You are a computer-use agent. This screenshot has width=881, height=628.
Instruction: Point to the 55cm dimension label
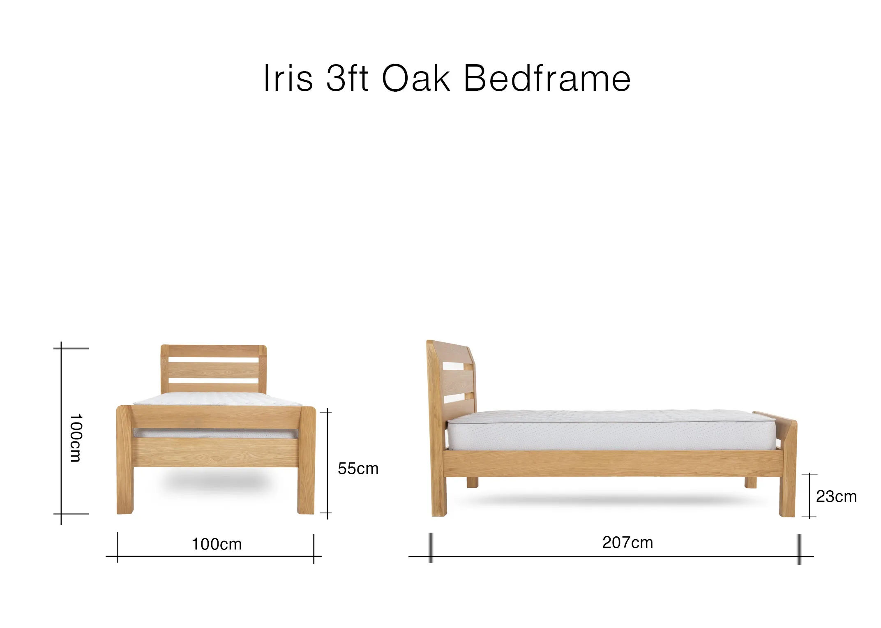click(358, 469)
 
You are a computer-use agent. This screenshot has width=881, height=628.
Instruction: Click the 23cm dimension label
click(836, 496)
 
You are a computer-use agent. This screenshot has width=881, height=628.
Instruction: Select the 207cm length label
click(627, 543)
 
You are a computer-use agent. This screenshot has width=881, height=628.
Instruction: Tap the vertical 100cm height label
click(76, 438)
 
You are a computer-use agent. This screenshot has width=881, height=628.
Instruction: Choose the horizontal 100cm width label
click(217, 544)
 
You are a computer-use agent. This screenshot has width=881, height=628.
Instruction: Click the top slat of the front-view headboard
click(214, 351)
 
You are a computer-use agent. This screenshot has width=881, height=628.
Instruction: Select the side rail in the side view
click(612, 463)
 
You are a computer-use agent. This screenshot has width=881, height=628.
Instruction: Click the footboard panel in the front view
click(216, 452)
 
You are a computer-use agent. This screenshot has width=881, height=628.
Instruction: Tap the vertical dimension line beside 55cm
click(327, 462)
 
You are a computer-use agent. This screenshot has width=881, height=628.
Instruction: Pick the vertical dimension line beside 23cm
click(810, 495)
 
